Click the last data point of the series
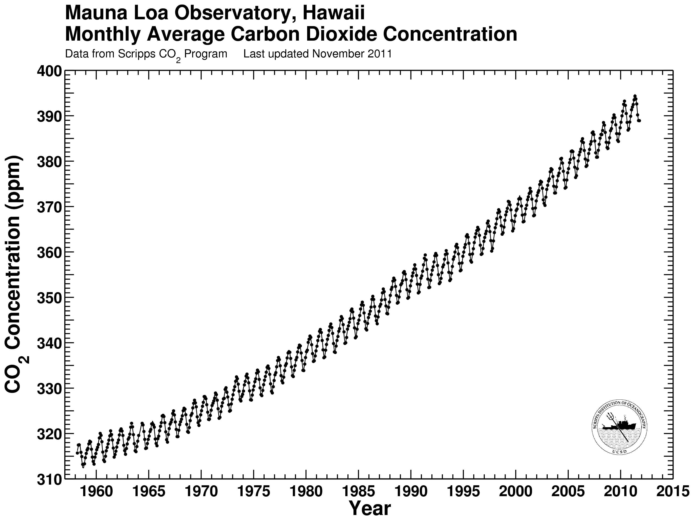(x=639, y=121)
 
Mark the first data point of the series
(x=77, y=453)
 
